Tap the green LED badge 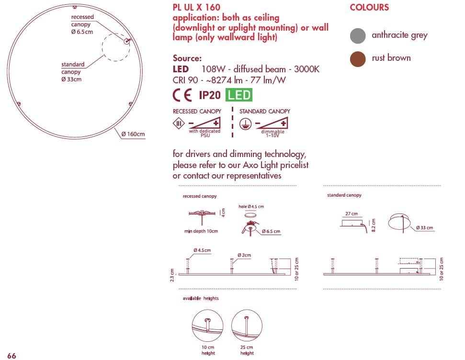point(239,95)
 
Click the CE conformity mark point(182,95)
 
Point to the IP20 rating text point(209,95)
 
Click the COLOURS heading point(369,8)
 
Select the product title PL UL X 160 point(196,7)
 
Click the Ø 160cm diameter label point(133,134)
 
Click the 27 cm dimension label point(351,214)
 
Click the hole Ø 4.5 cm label point(251,206)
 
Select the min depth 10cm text point(201,231)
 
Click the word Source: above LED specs point(187,58)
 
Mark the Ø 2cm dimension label point(244,255)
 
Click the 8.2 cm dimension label point(374,225)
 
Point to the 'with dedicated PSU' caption point(204,133)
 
